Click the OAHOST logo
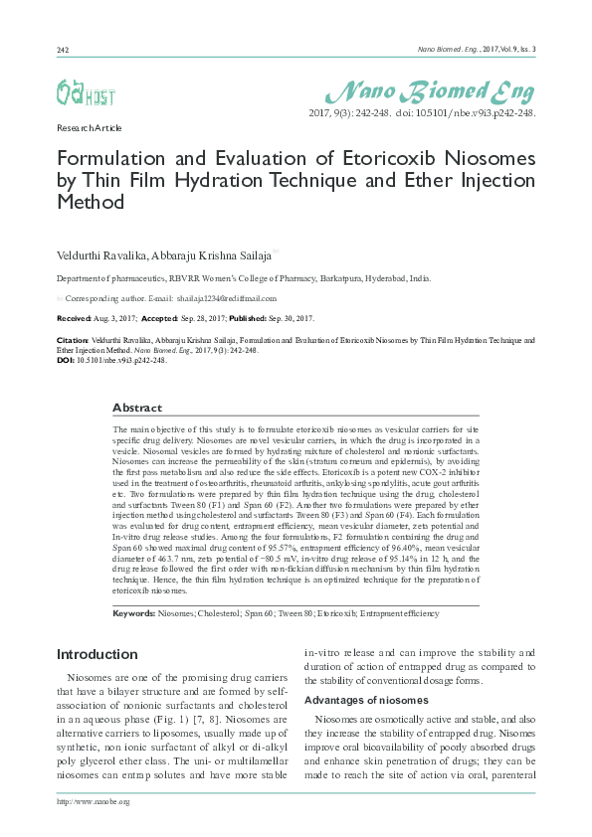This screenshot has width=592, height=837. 85,93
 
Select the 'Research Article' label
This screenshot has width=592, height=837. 89,128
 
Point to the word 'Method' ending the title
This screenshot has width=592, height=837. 91,202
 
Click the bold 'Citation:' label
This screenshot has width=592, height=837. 74,340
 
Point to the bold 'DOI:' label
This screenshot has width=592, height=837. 67,361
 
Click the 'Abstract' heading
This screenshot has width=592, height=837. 137,408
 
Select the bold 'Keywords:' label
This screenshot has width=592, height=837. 134,613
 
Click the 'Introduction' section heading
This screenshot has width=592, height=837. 97,654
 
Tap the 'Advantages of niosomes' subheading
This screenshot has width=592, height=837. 366,701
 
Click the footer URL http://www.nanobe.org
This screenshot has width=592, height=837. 94,801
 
